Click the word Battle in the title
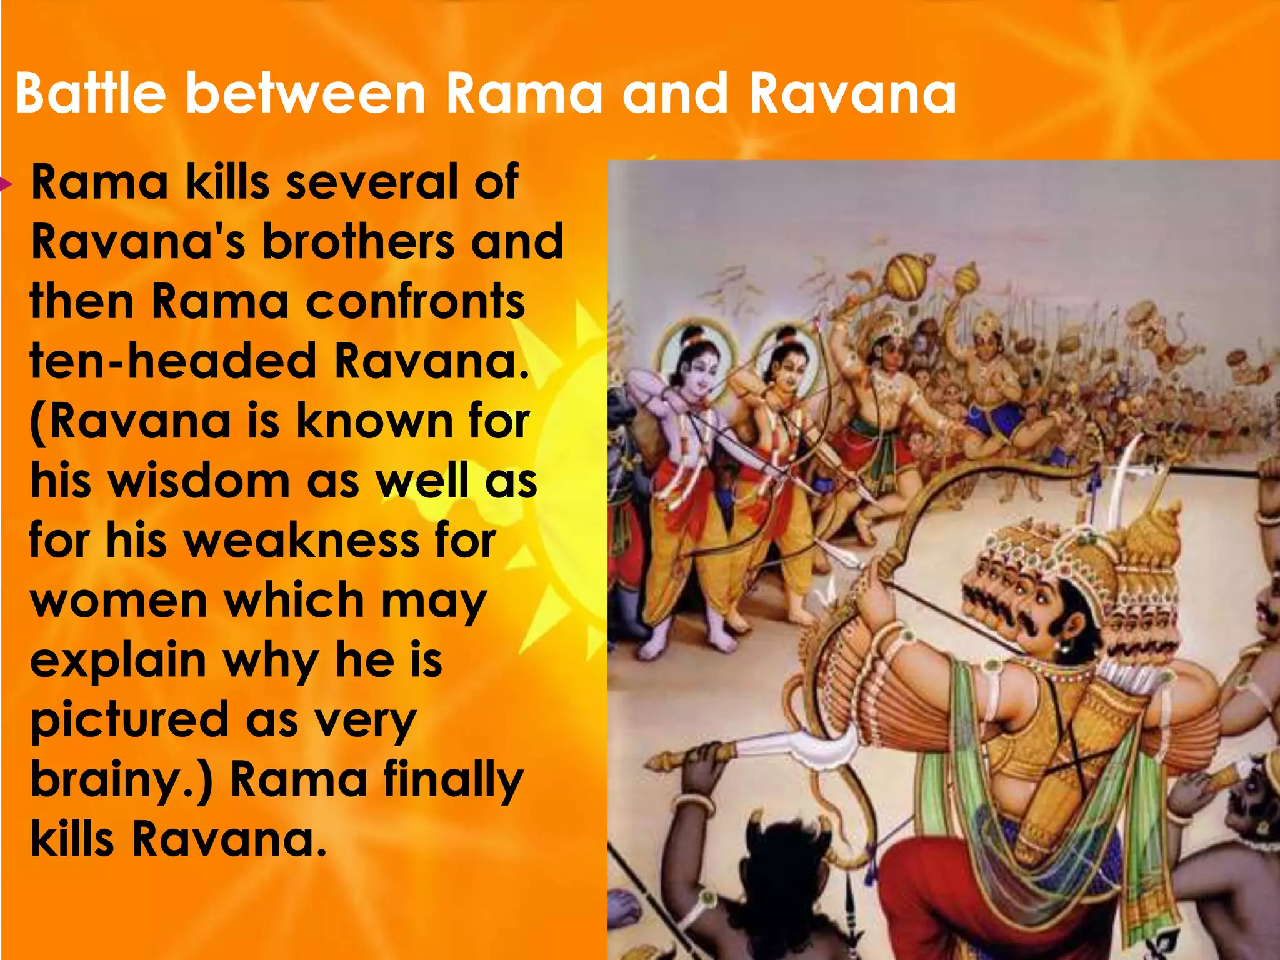[91, 94]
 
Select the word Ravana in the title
[852, 94]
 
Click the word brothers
[357, 242]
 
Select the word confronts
[415, 302]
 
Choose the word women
[118, 600]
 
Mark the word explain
[118, 660]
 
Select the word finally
[452, 779]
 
